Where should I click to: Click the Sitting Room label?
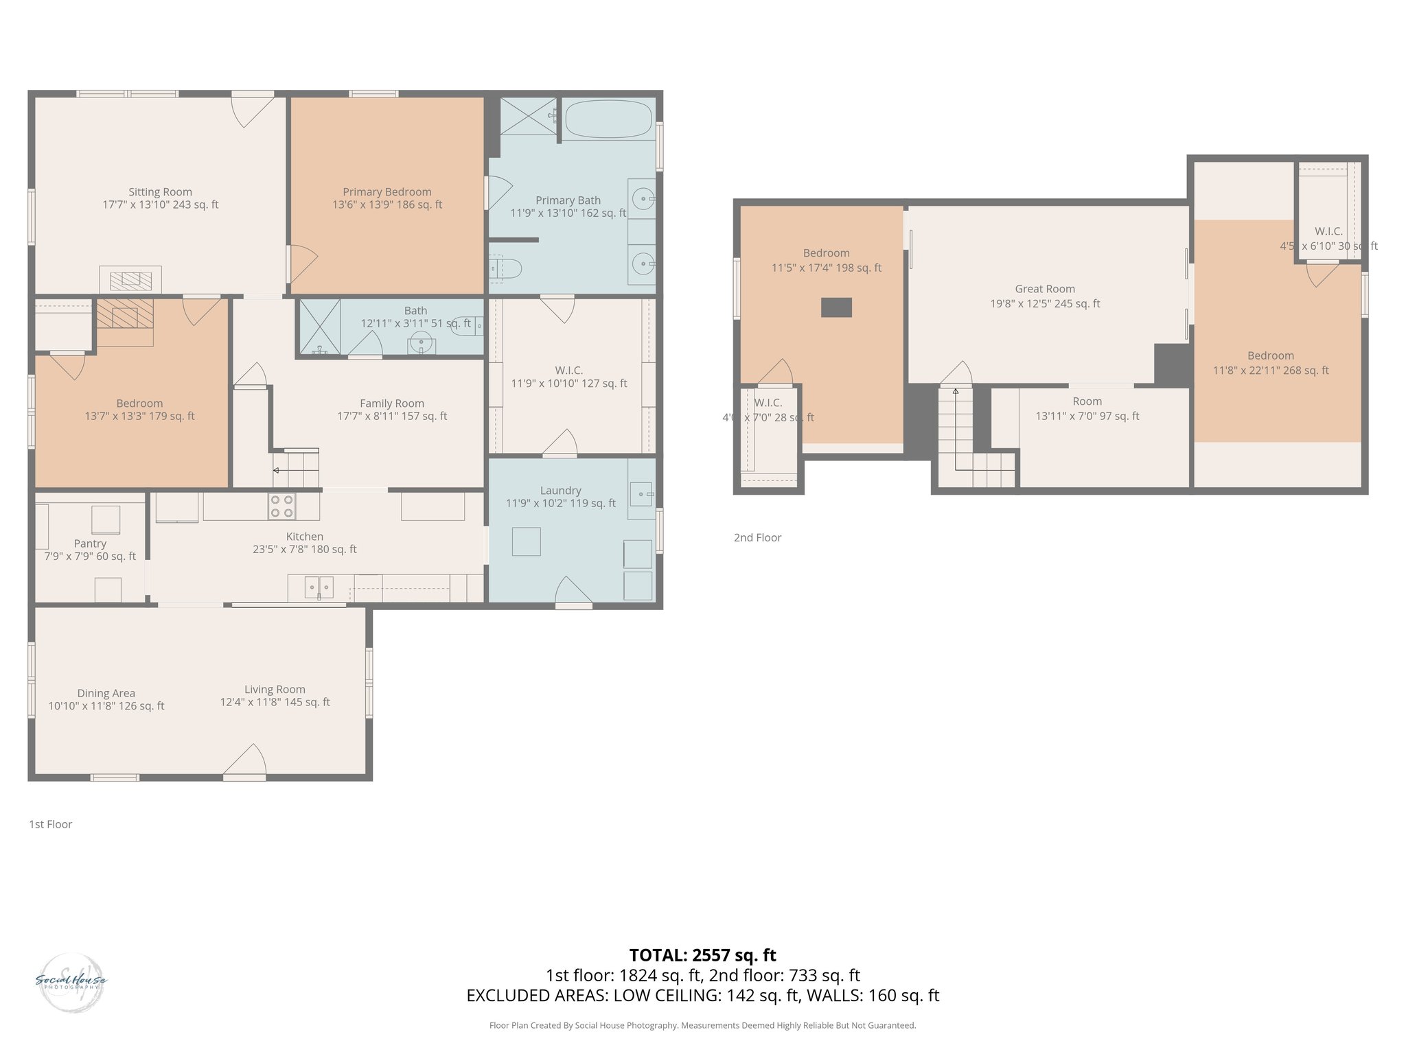(160, 192)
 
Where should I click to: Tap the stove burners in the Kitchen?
(281, 506)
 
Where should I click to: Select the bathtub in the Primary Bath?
(608, 119)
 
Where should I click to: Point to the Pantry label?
(90, 543)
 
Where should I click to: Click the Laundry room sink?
(641, 493)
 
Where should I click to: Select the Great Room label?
(1044, 289)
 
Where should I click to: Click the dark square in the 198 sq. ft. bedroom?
(836, 307)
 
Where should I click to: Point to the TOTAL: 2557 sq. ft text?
(702, 955)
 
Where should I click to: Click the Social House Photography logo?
(71, 982)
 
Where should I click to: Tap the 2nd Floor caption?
(757, 537)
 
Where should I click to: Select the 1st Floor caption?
(50, 824)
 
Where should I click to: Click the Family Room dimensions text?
(392, 416)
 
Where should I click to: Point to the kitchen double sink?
(319, 587)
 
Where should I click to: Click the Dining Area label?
(106, 693)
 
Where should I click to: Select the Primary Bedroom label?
(387, 192)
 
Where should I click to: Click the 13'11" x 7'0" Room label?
(1087, 401)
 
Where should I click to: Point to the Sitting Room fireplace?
(130, 279)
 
